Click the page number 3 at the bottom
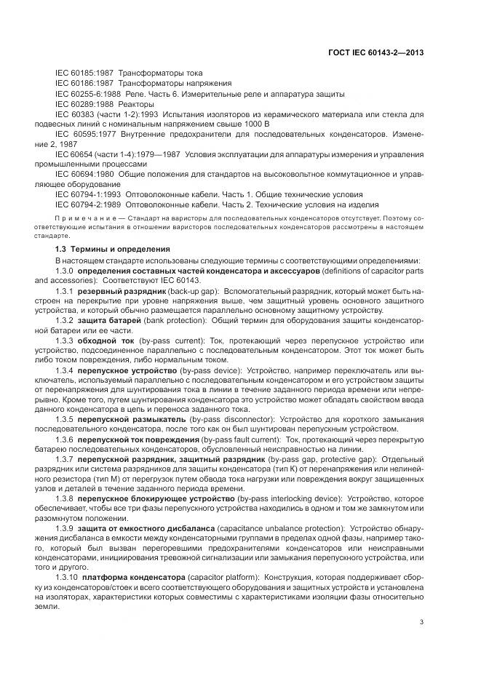pyautogui.click(x=421, y=621)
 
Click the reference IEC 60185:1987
pyautogui.click(x=83, y=73)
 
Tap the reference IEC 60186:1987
pyautogui.click(x=83, y=84)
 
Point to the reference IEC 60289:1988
pyautogui.click(x=83, y=104)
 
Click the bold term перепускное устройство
pyautogui.click(x=121, y=372)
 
